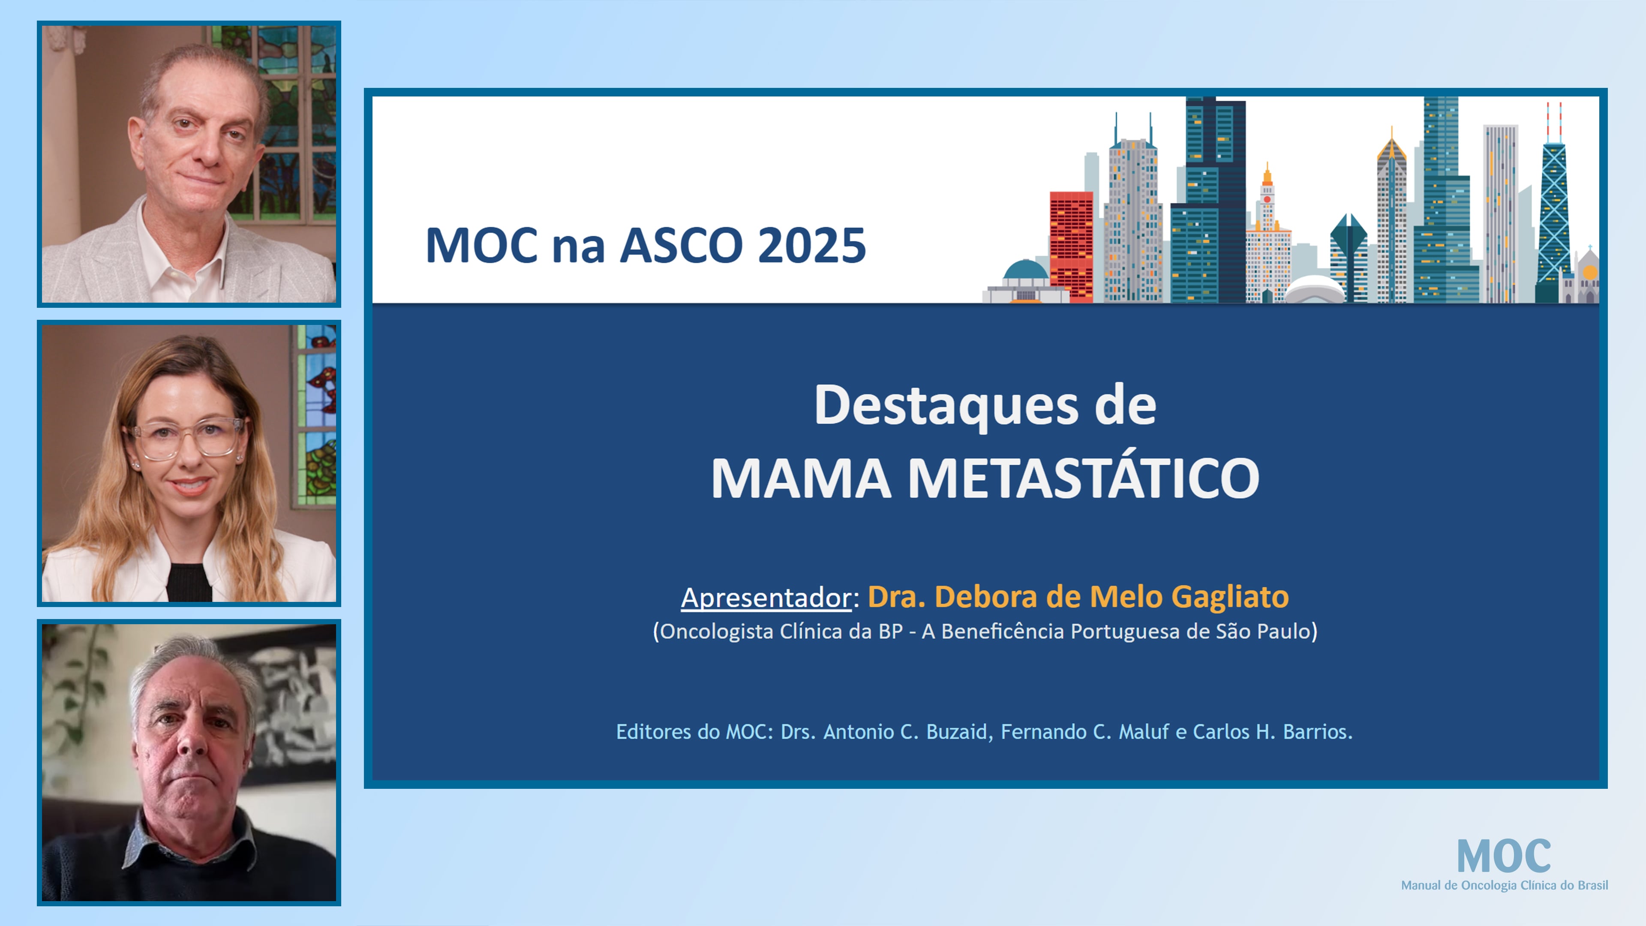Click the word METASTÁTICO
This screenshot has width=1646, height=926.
pyautogui.click(x=1083, y=478)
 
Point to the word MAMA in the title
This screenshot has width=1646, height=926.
pyautogui.click(x=801, y=478)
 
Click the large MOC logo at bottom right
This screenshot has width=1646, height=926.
pyautogui.click(x=1504, y=857)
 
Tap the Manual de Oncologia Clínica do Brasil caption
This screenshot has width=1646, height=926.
pyautogui.click(x=1504, y=885)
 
